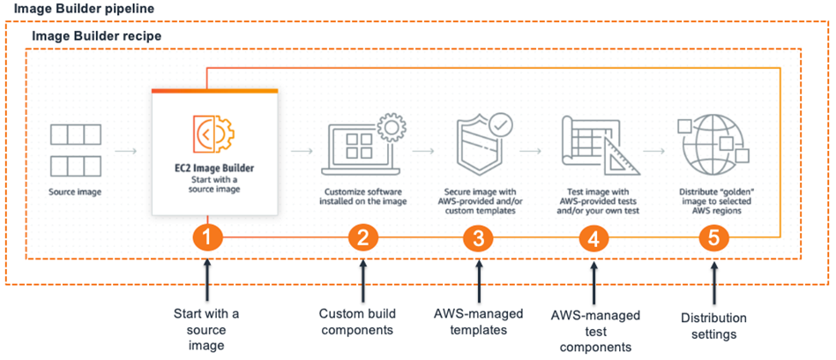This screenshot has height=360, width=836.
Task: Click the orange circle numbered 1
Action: point(205,238)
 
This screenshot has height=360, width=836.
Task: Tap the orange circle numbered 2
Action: point(362,238)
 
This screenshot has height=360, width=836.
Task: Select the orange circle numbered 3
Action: point(478,238)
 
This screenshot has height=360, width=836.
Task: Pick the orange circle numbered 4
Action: point(593,238)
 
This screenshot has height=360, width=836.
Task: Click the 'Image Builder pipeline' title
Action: point(83,8)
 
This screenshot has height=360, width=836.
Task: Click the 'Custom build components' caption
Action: point(357,321)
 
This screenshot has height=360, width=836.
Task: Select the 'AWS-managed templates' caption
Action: point(477,321)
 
